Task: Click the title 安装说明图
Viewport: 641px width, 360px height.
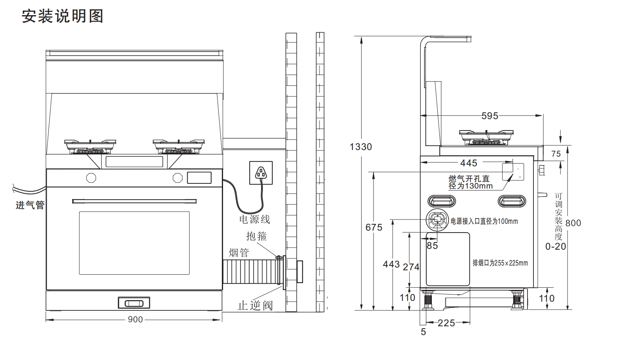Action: click(62, 16)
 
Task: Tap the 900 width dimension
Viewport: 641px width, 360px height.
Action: click(135, 320)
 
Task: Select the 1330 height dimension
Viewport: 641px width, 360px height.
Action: click(360, 147)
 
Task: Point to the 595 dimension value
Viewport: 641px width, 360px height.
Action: click(490, 116)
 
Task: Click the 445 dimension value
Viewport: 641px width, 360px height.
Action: click(469, 163)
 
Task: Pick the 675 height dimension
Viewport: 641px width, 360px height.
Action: click(374, 227)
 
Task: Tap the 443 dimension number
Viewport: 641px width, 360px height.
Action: click(391, 264)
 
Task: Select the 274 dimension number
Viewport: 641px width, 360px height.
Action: click(411, 267)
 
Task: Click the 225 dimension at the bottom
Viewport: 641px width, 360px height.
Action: click(446, 323)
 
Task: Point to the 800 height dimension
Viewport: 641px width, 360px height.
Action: click(573, 223)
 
